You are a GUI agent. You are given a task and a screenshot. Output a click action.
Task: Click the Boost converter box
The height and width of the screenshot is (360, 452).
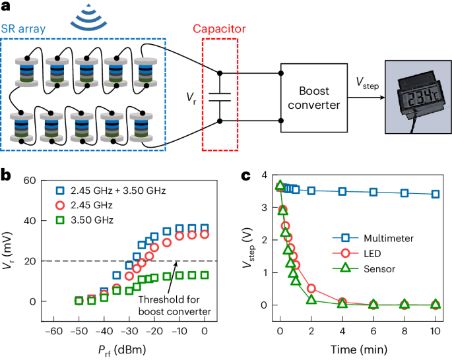pos(314,98)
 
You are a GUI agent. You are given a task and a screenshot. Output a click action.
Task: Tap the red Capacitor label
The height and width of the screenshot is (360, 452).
pos(219,29)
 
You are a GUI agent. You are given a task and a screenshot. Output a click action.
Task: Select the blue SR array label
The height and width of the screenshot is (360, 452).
pos(23,29)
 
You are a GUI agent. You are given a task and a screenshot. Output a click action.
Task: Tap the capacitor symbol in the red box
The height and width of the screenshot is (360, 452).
pos(220,98)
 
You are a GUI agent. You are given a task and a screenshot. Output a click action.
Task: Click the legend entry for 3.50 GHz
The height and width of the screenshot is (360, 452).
pos(84,220)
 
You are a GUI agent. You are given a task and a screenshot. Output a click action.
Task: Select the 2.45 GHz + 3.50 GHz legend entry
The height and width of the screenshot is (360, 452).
pos(111,191)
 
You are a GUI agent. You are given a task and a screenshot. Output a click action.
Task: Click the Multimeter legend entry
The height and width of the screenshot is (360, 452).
pos(373,238)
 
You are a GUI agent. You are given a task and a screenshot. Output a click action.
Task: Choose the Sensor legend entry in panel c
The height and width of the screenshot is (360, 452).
pos(364,269)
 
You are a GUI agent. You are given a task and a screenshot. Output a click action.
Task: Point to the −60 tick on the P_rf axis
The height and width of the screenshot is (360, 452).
pos(54,331)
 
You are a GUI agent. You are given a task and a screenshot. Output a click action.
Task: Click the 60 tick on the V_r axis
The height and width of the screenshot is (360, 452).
pos(30,181)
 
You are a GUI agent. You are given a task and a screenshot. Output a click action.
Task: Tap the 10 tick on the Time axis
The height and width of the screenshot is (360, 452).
pos(436,331)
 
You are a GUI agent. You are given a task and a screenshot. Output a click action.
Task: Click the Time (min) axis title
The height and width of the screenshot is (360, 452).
pos(358,349)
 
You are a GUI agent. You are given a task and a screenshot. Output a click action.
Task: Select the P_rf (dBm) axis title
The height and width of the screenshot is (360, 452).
pos(122,350)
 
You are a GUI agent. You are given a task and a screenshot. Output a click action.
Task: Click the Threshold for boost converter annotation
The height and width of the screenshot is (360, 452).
pos(175,305)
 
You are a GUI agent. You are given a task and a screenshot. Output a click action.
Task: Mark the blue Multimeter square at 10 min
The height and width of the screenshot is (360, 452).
pos(436,194)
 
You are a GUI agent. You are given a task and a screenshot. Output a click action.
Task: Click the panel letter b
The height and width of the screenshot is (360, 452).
pos(6,175)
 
